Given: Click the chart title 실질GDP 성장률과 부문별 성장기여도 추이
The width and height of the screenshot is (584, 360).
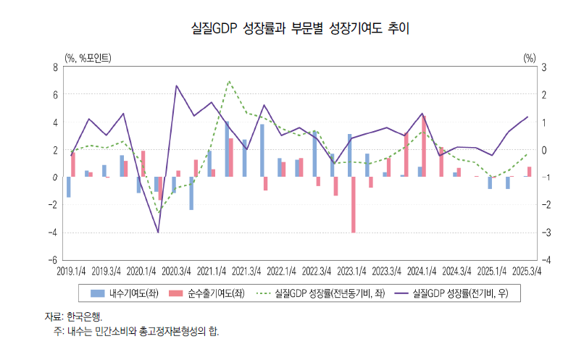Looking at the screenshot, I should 291,29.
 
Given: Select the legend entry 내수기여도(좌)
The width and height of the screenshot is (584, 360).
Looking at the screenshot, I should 123,293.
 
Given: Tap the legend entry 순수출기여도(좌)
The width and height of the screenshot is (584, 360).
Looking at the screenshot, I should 207,293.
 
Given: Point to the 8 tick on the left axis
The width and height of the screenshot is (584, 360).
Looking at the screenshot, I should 55,67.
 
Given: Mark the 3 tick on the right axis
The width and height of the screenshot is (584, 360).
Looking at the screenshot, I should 543,67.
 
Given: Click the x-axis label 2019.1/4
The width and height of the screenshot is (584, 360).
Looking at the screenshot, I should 71,271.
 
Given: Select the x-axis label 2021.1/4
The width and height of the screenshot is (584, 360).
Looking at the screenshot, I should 212,271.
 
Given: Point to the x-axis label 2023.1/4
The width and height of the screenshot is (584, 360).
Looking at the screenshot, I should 351,271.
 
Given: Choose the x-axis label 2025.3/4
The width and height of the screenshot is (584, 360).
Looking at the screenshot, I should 527,271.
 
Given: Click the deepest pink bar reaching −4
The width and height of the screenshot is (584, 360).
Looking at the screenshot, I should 354,204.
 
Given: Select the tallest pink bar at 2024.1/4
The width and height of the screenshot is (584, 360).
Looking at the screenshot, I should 424,146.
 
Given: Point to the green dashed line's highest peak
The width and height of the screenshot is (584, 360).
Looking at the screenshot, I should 230,81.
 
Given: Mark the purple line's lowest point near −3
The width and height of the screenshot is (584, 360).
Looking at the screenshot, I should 158,232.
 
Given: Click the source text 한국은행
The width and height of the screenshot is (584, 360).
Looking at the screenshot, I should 84,317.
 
